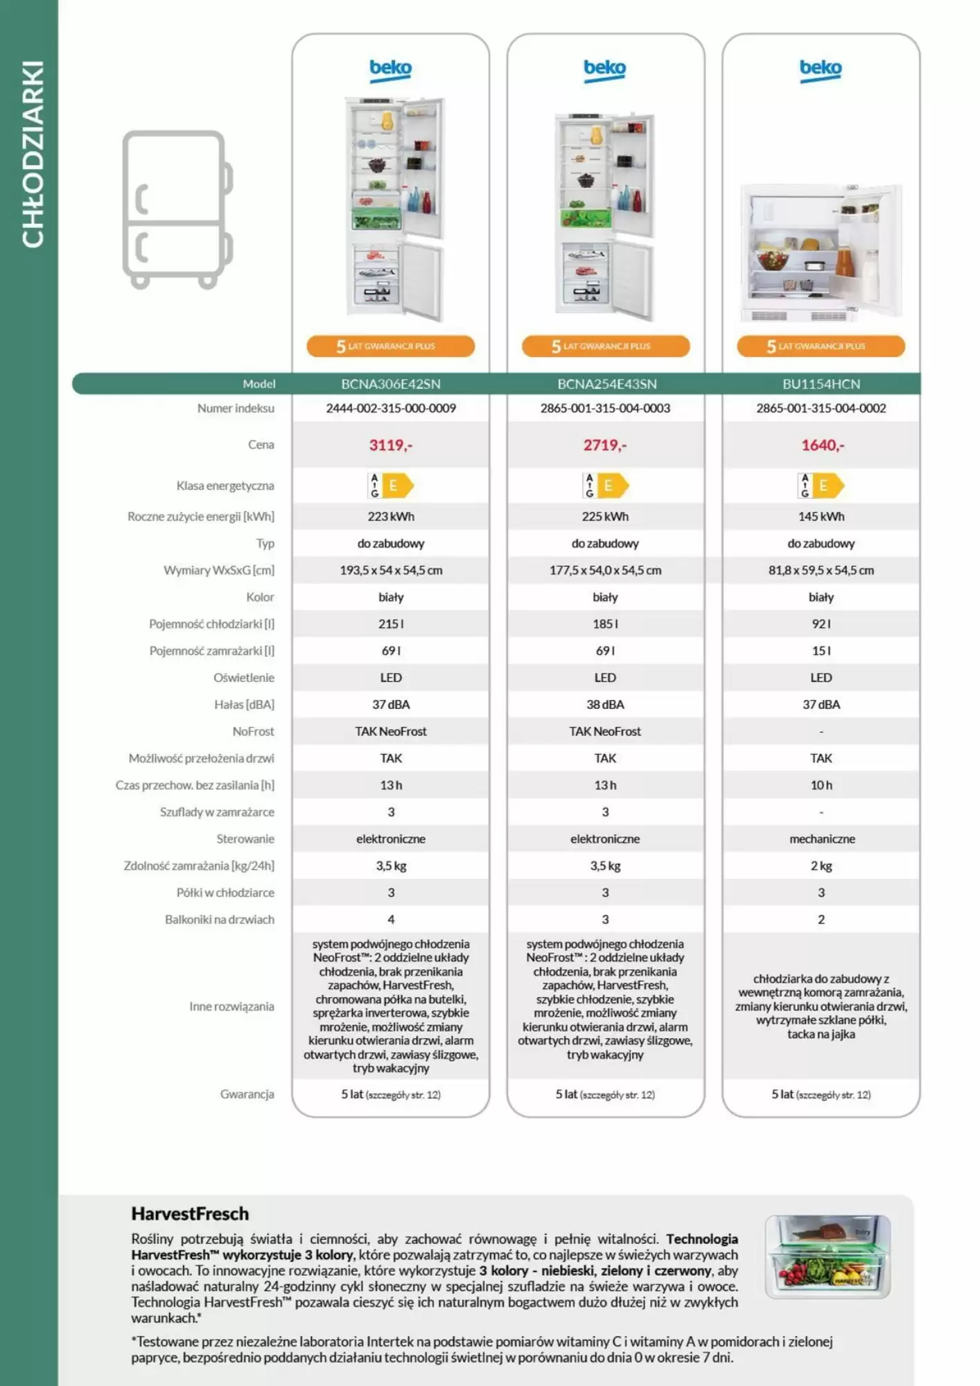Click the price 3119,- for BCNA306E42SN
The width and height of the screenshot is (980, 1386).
[390, 445]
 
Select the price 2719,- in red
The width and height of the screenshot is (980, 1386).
[604, 445]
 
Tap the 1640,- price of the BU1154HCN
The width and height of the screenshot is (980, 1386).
[823, 445]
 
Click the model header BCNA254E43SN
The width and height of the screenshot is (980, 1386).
[606, 384]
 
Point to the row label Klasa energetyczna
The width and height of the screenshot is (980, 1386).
[225, 486]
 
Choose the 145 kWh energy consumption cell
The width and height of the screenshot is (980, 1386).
[821, 516]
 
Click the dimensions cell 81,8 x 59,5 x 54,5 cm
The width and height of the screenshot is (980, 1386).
[821, 570]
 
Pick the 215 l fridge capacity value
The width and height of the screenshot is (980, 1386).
[391, 624]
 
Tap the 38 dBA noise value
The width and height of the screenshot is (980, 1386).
[605, 704]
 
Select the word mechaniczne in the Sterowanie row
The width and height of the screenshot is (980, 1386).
[822, 839]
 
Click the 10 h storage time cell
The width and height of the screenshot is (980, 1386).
[821, 785]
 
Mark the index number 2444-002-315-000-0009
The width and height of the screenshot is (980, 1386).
[391, 408]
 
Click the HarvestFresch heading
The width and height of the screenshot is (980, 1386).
[190, 1213]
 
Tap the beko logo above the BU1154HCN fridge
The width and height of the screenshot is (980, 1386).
[821, 69]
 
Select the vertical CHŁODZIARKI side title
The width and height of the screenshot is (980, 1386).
[33, 154]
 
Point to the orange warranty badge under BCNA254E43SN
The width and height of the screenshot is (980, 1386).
[606, 346]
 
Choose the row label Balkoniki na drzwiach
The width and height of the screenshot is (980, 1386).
[220, 920]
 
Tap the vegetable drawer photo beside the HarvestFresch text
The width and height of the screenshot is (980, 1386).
[828, 1256]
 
